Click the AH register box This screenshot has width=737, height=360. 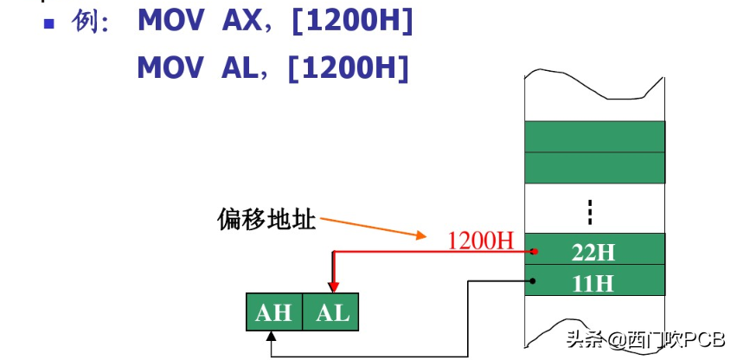pos(273,312)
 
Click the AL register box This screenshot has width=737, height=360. pos(332,312)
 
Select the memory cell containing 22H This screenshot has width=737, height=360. pos(594,252)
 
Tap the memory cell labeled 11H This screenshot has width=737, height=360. pos(594,281)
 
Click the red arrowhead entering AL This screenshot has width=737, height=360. pos(332,289)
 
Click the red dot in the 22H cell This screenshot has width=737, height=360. pos(536,252)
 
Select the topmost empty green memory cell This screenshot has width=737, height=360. pos(594,136)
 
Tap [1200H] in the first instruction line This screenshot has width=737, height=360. pos(351,23)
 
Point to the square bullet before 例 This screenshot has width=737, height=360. pos(49,23)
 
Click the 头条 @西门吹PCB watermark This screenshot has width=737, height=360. pos(645,340)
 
